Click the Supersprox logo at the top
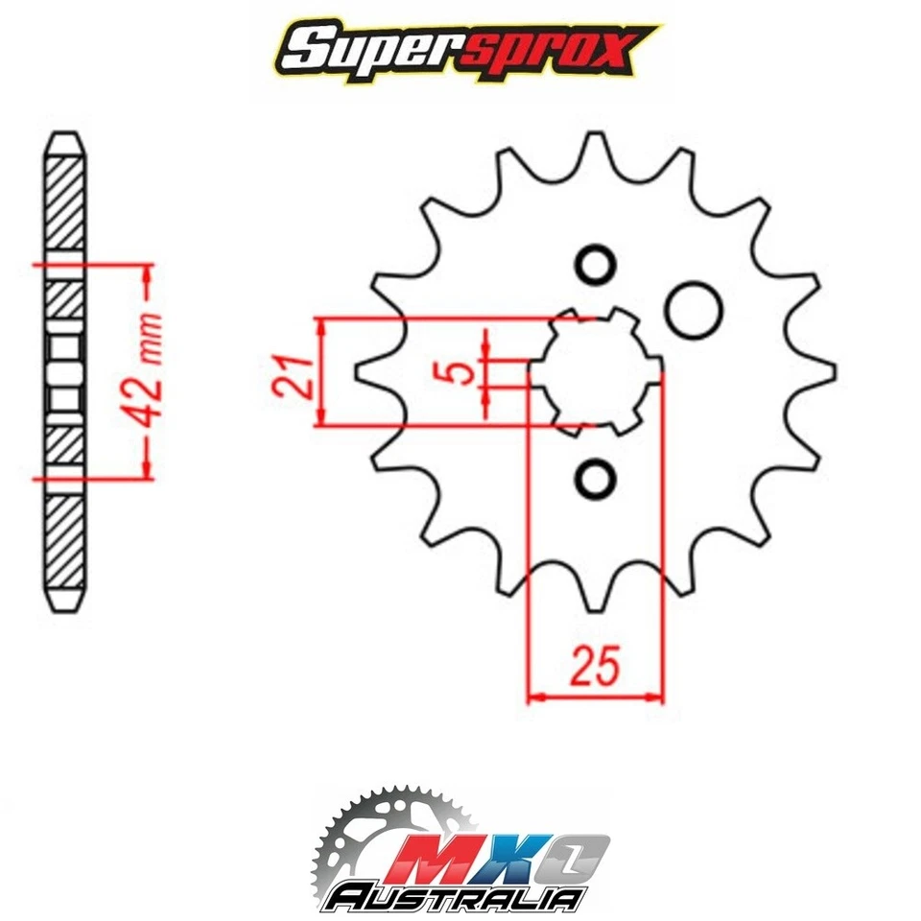tap(460, 49)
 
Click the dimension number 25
tap(595, 665)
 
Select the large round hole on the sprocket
tap(694, 308)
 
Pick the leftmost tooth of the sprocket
tap(365, 370)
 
